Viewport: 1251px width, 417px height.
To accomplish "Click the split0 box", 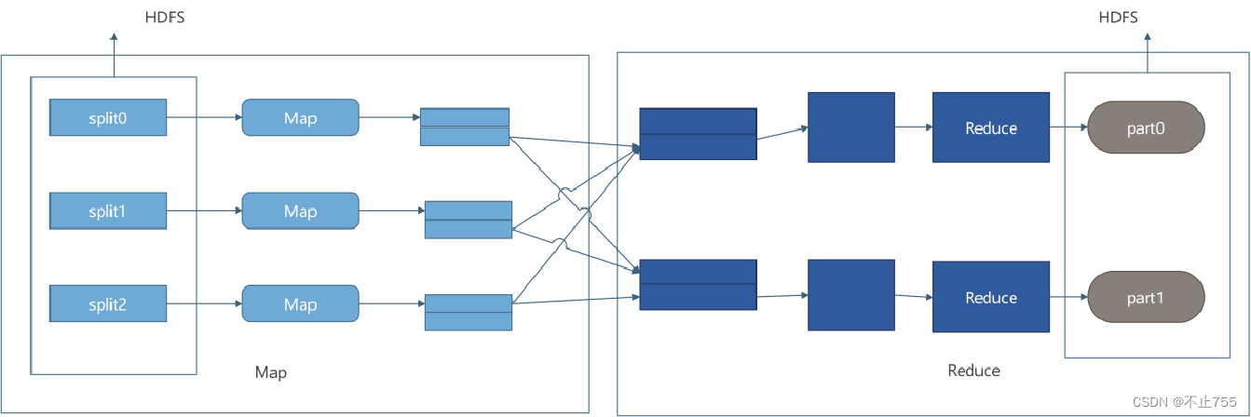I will [108, 117].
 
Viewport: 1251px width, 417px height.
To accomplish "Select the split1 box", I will [108, 211].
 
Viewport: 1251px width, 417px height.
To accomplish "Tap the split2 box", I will [108, 304].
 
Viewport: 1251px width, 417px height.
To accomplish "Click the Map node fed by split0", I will [300, 117].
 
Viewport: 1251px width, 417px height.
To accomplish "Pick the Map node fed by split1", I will [300, 211].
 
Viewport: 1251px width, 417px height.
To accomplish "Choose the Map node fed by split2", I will [300, 304].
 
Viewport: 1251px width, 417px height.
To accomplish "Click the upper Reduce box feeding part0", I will [990, 128].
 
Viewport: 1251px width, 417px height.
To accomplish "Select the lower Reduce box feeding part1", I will [990, 298].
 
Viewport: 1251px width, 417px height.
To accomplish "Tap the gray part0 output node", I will [1146, 128].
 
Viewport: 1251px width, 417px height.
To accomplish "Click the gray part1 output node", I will [1146, 298].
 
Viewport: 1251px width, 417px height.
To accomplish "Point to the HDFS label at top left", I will [164, 17].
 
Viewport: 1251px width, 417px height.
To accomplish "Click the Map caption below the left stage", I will [271, 372].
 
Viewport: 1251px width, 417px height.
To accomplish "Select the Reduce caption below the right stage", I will [973, 370].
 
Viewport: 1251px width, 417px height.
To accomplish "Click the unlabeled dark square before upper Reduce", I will [850, 128].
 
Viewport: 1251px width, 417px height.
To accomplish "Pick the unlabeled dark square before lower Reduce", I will [850, 295].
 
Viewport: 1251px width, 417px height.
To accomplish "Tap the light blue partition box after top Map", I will [464, 127].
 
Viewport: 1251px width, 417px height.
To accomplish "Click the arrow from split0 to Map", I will [204, 117].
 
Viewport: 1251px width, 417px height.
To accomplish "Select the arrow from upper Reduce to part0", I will [1068, 128].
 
